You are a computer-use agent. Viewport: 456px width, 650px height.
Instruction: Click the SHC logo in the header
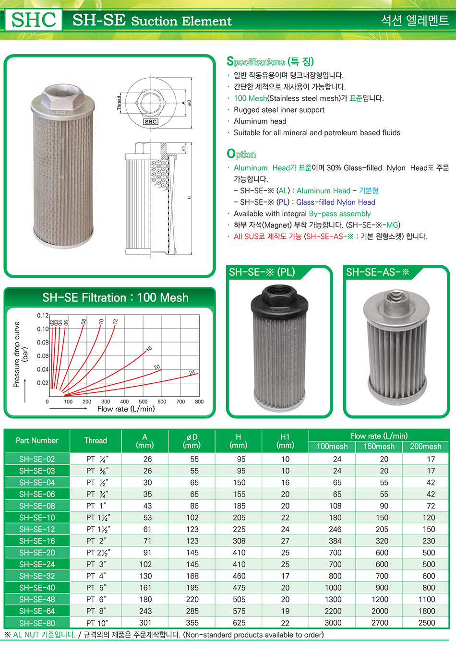pos(34,20)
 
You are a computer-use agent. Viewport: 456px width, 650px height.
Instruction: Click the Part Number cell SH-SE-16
pos(37,541)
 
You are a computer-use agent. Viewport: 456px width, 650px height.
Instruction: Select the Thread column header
pos(96,440)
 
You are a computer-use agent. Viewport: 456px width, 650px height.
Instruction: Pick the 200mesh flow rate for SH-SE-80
pos(426,623)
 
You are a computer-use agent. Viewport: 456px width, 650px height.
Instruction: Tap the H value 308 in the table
pos(239,541)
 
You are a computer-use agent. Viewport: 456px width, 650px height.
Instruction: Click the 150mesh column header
pos(379,447)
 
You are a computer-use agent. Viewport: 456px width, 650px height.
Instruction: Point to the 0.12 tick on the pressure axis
pos(43,316)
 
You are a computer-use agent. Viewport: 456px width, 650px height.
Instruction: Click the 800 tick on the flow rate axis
pos(199,402)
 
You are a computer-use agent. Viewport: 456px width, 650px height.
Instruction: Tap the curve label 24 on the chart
pos(192,372)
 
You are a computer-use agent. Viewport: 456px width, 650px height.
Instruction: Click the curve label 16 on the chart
pos(149,349)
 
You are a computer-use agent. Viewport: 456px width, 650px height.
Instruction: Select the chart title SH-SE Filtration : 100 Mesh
pos(115,298)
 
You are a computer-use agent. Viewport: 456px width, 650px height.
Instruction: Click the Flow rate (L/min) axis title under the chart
pos(126,409)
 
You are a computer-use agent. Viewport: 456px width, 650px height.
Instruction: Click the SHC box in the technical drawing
pos(151,122)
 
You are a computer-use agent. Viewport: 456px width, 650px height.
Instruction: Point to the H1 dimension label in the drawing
pos(183,149)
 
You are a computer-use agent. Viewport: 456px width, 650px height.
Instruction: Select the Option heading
pos(241,154)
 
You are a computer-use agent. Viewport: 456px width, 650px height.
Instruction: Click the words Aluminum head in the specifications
pos(260,121)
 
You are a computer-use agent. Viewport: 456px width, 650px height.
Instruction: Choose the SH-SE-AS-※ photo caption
pos(377,272)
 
